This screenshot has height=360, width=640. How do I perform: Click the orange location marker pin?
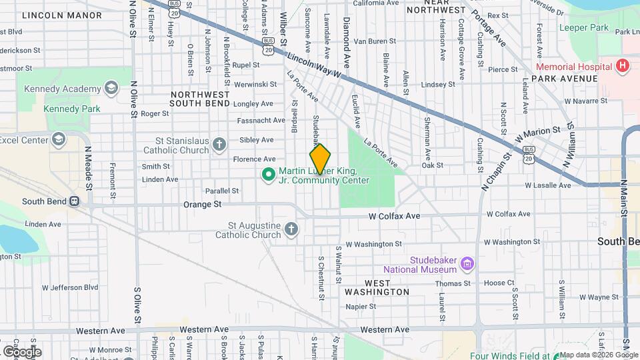click(x=320, y=159)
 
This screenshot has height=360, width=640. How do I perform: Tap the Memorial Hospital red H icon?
click(x=622, y=66)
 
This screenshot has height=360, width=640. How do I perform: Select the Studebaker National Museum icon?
click(x=467, y=265)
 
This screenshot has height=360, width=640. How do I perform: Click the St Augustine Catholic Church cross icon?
click(x=291, y=230)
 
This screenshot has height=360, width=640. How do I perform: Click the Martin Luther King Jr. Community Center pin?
click(x=267, y=175)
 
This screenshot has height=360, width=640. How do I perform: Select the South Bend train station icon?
click(x=74, y=201)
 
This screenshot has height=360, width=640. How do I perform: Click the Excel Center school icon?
click(x=59, y=139)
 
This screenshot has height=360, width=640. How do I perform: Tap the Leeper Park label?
click(x=583, y=28)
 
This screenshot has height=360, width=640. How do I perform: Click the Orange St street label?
click(x=202, y=205)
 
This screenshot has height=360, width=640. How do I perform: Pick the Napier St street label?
click(x=361, y=307)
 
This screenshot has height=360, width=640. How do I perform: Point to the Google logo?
click(x=21, y=351)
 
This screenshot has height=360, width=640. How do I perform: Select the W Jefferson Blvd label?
click(x=69, y=287)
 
